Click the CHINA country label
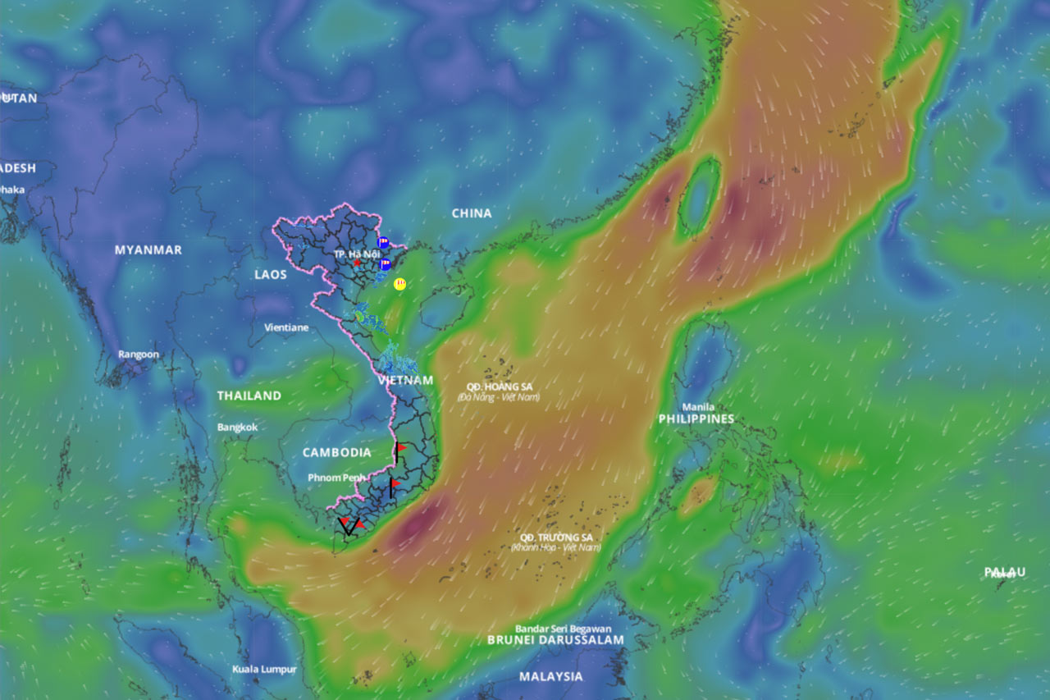[x=472, y=213]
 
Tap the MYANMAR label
[x=148, y=249]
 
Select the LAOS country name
[x=271, y=274]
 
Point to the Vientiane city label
[x=286, y=327]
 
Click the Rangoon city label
[x=139, y=355]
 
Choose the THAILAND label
[x=249, y=396]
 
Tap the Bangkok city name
[x=237, y=428]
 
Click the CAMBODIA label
[x=336, y=452]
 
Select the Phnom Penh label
[x=336, y=478]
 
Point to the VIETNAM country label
[x=405, y=381]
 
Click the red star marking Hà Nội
[x=358, y=263]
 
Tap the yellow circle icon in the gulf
[x=400, y=284]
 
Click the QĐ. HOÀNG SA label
[x=498, y=387]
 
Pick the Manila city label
[x=697, y=406]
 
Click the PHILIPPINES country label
[x=696, y=419]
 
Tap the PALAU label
[x=1005, y=572]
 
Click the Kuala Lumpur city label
[x=264, y=669]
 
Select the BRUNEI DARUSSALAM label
[x=555, y=639]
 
